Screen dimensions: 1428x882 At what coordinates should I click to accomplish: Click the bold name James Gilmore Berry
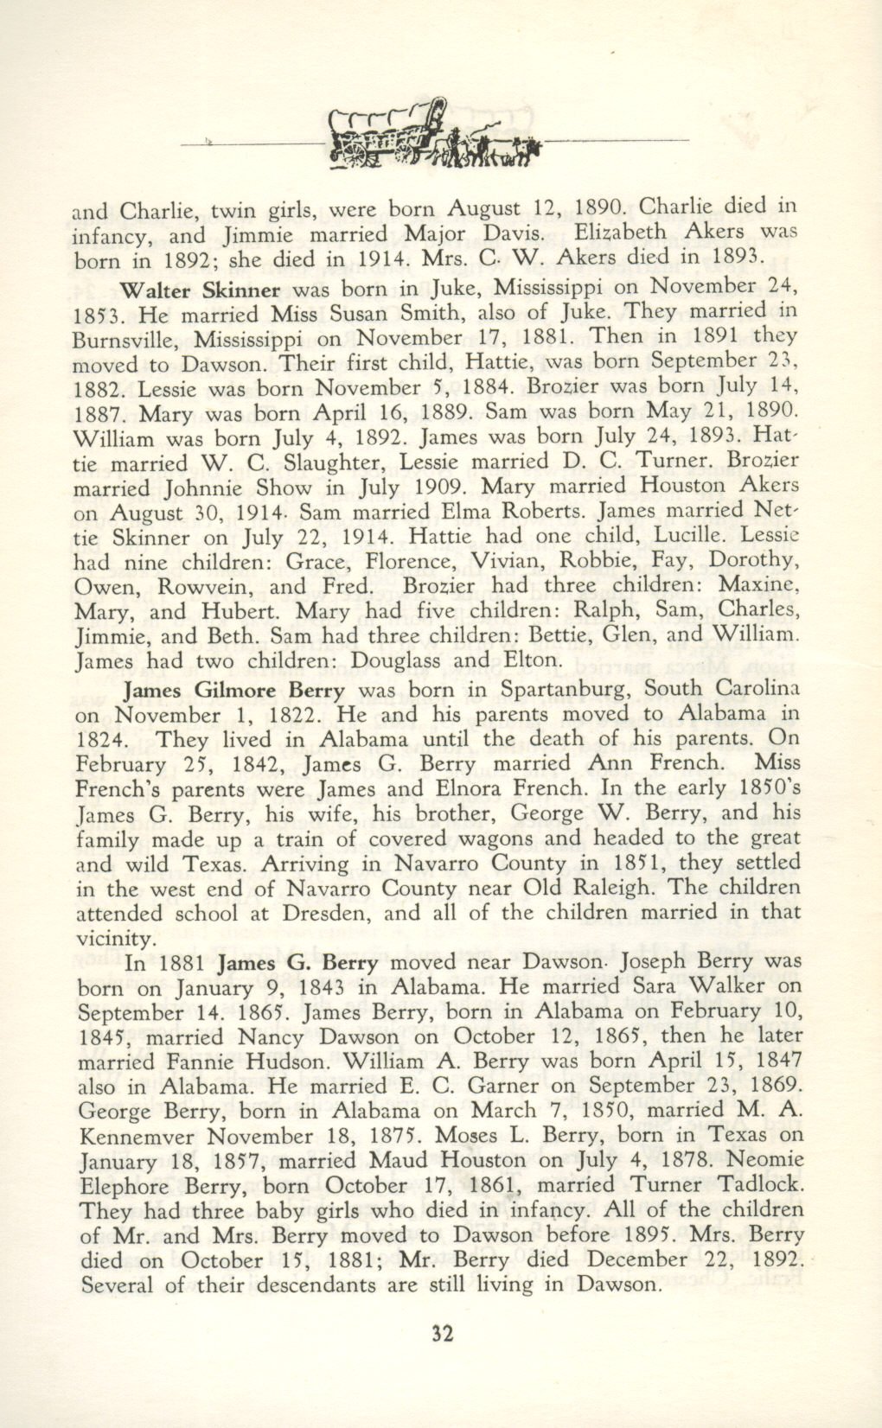coord(235,691)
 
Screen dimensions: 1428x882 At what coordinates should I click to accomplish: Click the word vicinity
coord(116,939)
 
